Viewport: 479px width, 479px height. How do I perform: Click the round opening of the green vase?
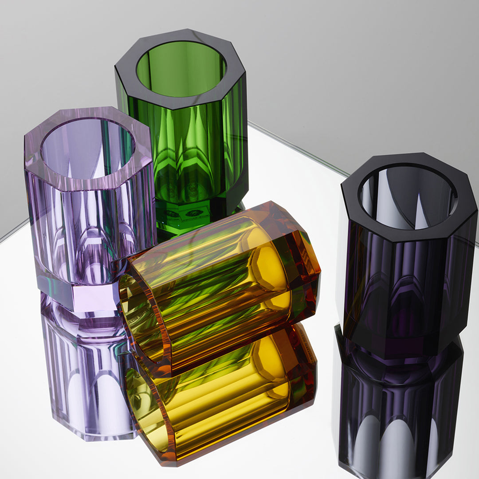[x=181, y=69]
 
